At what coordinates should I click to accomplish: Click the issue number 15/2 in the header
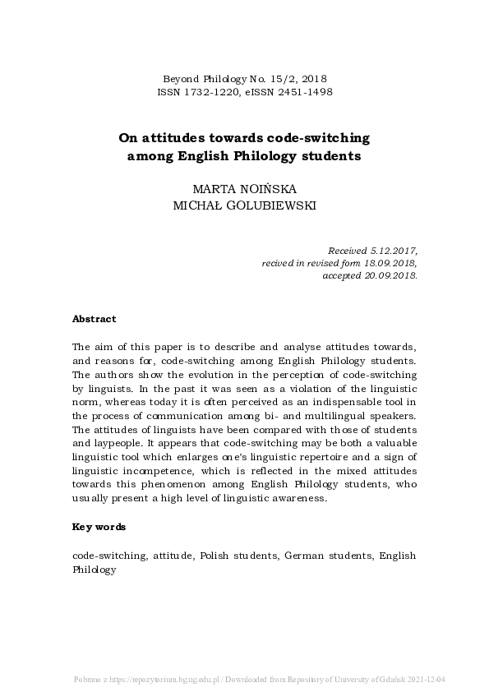tap(290, 79)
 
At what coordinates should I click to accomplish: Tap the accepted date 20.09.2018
tap(388, 275)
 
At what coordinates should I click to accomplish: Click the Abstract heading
tap(95, 319)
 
